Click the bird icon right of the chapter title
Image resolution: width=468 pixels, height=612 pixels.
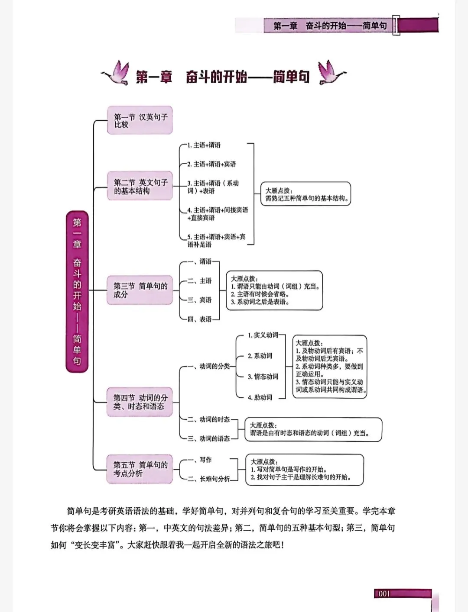coord(331,73)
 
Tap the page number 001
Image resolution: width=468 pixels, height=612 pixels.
coord(384,594)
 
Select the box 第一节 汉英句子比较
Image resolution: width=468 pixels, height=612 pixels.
coord(140,120)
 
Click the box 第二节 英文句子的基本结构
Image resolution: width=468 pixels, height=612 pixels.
coord(140,186)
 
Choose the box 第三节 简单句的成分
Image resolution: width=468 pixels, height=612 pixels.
coord(140,290)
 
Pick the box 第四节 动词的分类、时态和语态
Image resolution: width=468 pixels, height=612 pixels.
coord(140,402)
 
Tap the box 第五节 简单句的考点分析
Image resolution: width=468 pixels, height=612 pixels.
coord(140,469)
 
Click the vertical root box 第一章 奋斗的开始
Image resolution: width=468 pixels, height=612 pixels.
coord(77,291)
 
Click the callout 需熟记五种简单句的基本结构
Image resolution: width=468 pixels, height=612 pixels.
coord(307,194)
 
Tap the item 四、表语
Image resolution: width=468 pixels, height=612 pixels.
coord(200,319)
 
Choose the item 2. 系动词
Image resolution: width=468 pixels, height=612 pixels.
coord(260,356)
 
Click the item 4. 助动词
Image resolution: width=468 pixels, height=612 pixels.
coord(260,397)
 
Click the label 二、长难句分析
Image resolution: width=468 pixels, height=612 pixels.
coord(210,479)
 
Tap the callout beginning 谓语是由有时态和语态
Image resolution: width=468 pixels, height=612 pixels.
coord(313,429)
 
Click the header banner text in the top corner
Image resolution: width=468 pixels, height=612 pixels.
coord(330,26)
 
